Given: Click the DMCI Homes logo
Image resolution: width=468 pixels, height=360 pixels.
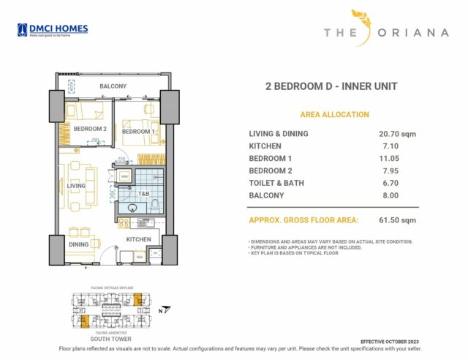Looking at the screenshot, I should pos(52,30).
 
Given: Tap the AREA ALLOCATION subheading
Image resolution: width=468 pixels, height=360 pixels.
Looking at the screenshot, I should pos(334,115).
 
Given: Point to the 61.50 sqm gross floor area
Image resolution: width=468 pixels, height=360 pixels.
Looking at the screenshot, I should pos(397,220).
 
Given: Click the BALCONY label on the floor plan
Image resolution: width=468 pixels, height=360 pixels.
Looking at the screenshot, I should pos(113,86).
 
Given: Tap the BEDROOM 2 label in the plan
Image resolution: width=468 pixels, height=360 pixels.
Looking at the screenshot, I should pos(90,129).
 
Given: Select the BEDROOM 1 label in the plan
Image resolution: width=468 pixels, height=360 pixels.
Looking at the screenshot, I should pos(137,132).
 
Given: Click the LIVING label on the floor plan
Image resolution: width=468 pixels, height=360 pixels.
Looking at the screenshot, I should pos(77,186).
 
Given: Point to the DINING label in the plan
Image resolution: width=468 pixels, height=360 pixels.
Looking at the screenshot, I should pos(79,244).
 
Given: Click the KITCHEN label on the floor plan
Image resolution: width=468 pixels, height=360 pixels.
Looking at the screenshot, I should pos(138,239).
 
